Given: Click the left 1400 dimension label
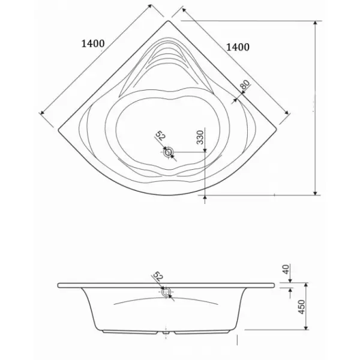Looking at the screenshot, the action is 93,43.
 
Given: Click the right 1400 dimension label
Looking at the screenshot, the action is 238,47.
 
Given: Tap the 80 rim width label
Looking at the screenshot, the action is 245,85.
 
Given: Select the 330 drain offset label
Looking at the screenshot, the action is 200,137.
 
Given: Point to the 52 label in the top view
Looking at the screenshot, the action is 160,136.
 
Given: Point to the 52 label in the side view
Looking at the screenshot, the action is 158,276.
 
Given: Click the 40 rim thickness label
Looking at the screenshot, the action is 286,269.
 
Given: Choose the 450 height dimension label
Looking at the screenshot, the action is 301,307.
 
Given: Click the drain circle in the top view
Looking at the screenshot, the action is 169,152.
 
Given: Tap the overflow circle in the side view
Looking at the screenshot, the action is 166,292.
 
